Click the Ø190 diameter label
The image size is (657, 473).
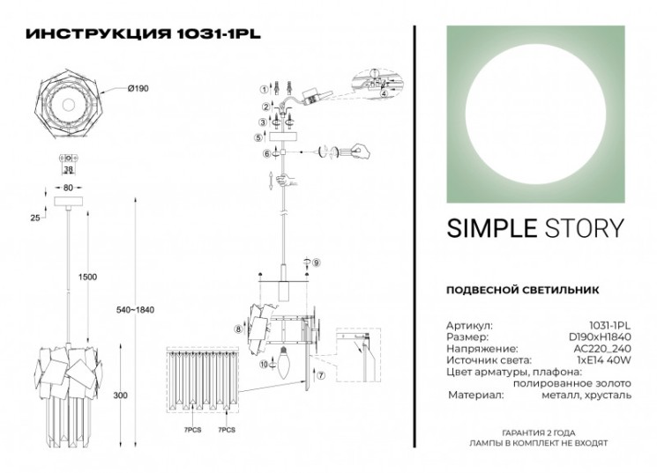(x=138, y=88)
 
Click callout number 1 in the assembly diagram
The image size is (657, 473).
(x=263, y=89)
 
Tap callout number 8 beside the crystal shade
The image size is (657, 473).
(x=238, y=329)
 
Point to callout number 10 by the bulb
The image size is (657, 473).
(x=263, y=364)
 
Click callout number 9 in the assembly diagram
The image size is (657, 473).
(x=317, y=263)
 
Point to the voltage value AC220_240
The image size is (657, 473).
(x=604, y=349)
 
